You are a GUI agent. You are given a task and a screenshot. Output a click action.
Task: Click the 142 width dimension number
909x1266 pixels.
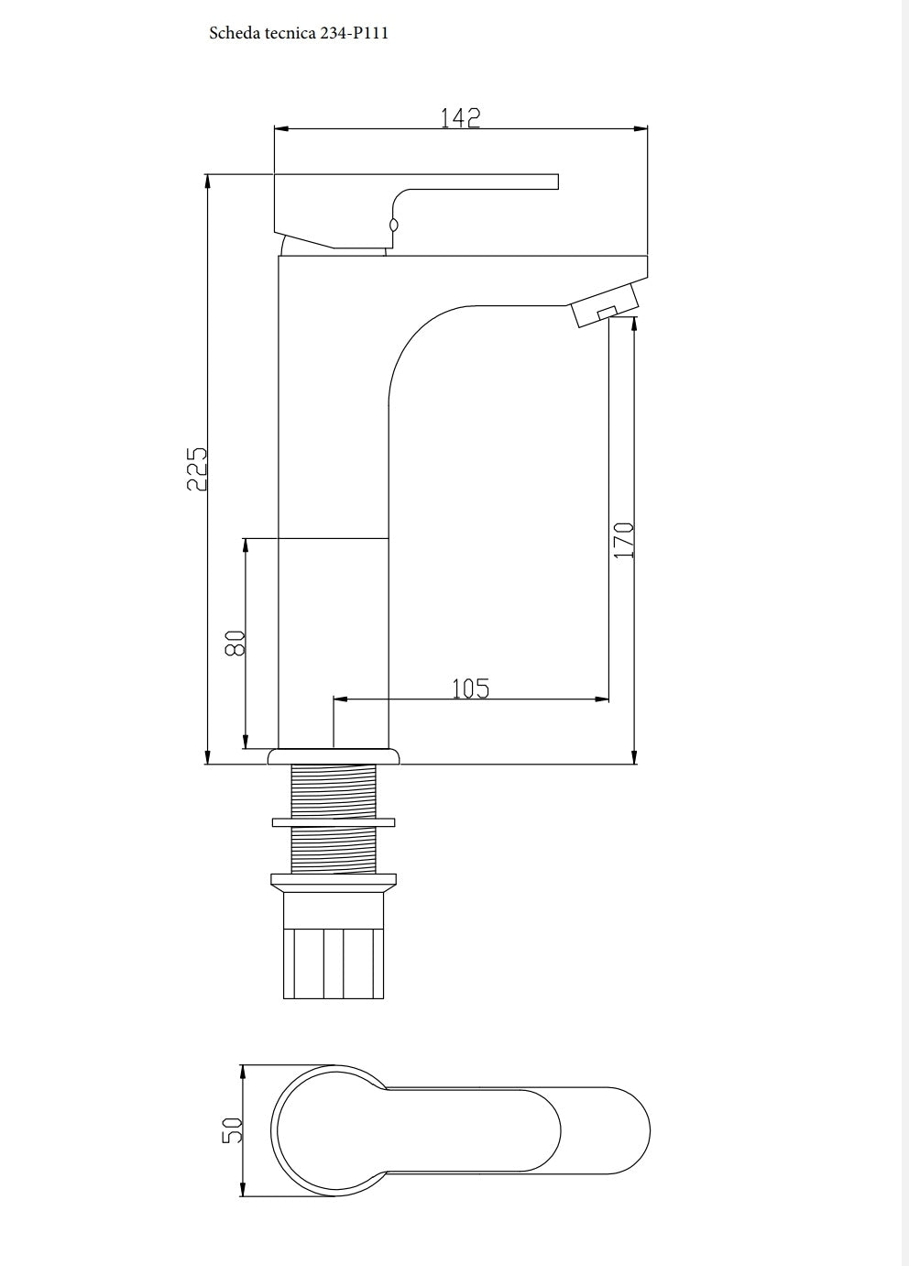point(460,117)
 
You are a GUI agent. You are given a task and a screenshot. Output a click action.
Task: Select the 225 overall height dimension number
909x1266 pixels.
point(197,468)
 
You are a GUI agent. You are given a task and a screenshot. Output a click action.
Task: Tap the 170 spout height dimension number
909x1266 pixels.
point(624,540)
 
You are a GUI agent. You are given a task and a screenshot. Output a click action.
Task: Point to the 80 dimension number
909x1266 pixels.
point(235,643)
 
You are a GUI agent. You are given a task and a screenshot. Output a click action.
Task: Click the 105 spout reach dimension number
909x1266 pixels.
point(471,688)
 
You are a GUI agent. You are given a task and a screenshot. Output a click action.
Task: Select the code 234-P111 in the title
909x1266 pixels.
point(355,33)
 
